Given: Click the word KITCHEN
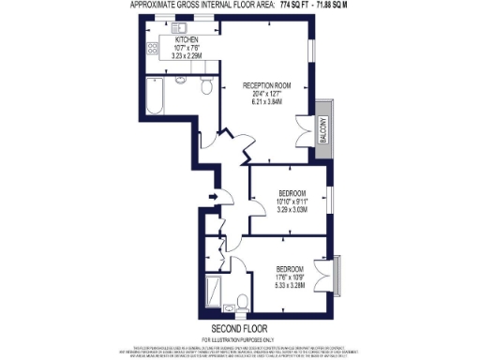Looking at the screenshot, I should coord(187,40).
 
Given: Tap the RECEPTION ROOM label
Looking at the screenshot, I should coord(267,85).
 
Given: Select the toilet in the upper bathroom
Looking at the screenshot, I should coord(208,87).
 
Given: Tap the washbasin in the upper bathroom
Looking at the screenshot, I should coord(184,84).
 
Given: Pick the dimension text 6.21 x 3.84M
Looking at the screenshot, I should coord(267,102).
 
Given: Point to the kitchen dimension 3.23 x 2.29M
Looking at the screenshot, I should coord(187,56).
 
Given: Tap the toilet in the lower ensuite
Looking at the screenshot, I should coord(242,301).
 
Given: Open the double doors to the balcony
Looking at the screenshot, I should coord(304,129).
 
